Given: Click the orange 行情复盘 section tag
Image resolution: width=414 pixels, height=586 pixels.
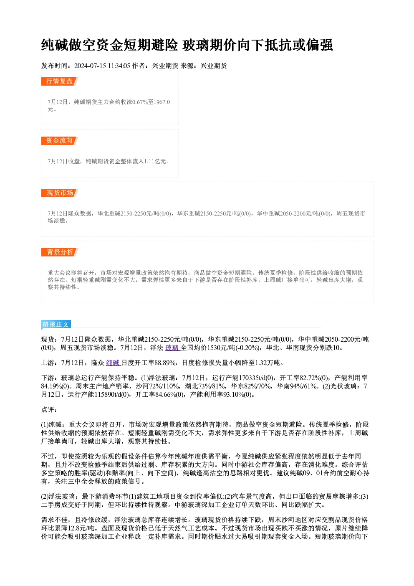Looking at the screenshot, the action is click(60, 81).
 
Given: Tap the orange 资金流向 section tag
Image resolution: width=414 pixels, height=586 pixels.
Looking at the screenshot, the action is click(60, 141).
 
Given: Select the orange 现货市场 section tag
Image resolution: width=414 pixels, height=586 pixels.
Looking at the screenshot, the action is click(60, 193).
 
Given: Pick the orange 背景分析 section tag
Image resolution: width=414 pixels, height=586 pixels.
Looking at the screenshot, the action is click(60, 252).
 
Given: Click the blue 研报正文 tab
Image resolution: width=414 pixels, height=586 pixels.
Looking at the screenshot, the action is click(56, 325).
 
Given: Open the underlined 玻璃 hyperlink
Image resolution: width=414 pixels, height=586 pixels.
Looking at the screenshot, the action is click(172, 348).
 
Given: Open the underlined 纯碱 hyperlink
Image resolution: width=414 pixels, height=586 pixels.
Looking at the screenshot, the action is click(113, 363).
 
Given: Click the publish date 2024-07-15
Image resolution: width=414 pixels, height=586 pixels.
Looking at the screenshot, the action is click(90, 66).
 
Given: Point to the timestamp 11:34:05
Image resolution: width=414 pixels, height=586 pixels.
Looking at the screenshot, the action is click(119, 66).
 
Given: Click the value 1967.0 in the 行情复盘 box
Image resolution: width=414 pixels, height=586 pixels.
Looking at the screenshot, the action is click(162, 102).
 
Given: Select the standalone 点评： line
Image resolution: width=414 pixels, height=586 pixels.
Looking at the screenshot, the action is click(49, 410).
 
